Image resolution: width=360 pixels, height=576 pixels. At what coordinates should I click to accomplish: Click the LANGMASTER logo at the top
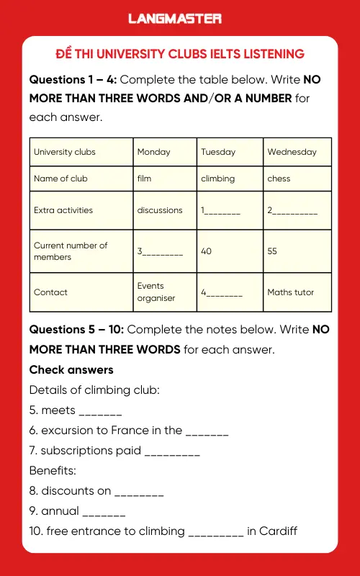point(175,19)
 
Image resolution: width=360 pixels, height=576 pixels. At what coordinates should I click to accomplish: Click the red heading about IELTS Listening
point(180,54)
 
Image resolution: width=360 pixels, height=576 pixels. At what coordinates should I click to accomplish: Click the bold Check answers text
point(71,369)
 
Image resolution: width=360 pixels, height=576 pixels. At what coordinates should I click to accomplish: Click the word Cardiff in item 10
point(278,531)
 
